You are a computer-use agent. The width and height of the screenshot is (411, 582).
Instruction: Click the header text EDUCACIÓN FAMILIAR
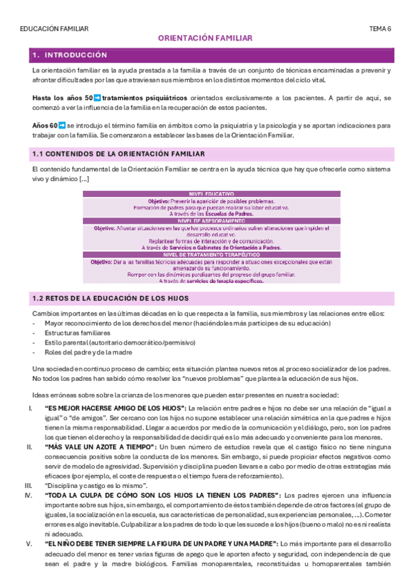[55, 29]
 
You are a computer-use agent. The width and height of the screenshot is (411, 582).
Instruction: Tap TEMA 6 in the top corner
[380, 29]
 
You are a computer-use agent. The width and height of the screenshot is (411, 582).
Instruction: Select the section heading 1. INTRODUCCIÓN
[70, 54]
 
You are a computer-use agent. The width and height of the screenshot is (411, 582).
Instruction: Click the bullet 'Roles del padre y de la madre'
[89, 352]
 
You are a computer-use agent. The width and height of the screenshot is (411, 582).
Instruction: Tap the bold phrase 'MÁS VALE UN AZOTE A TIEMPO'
[105, 447]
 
